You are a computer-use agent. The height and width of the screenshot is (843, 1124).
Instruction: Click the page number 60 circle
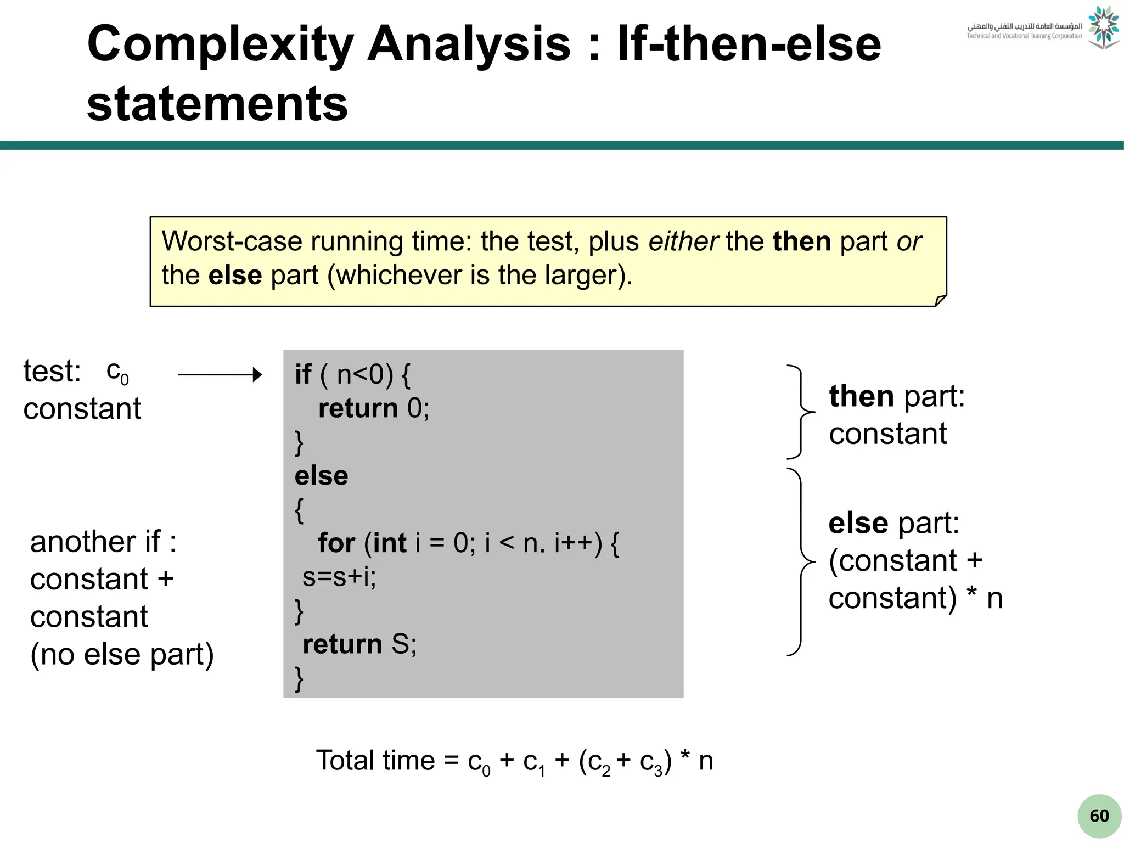(x=1099, y=816)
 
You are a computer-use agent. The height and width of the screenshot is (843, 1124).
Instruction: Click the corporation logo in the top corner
(x=1103, y=27)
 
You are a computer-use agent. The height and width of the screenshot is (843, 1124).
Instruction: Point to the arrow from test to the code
(x=220, y=375)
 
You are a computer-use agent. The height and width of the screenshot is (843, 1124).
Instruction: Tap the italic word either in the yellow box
(x=683, y=241)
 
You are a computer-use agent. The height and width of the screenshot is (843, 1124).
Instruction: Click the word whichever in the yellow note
(x=398, y=275)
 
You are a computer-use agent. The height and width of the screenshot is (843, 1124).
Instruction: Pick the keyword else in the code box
(x=321, y=476)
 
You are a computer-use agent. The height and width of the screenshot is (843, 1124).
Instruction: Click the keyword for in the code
(x=336, y=543)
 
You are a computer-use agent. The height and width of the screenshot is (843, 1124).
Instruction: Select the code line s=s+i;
(x=339, y=577)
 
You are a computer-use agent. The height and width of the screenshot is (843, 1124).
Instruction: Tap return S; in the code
(x=359, y=644)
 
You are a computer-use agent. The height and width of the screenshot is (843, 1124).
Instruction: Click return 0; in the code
(x=374, y=408)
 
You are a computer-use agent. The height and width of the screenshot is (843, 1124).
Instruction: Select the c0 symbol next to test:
(x=117, y=373)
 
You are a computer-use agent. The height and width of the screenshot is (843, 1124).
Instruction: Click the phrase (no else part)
(x=122, y=654)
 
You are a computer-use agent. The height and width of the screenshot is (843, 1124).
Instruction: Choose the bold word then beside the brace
(x=861, y=396)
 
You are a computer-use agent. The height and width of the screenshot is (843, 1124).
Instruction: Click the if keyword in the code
(x=303, y=374)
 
